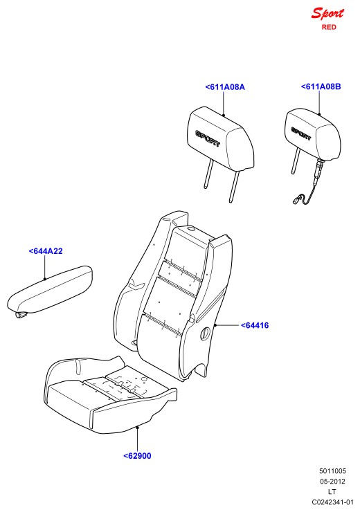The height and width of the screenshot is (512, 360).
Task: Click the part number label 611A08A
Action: [225, 87]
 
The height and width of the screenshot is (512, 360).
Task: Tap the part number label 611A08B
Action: [321, 86]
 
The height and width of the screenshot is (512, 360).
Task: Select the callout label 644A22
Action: [46, 251]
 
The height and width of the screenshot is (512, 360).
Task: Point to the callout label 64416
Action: [255, 325]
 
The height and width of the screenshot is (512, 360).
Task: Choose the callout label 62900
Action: [137, 456]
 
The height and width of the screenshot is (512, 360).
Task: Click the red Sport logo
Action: [327, 14]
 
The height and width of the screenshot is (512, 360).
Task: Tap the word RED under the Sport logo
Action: [329, 27]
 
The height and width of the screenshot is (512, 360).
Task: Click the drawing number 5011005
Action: [332, 471]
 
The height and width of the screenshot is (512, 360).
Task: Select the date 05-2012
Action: [332, 482]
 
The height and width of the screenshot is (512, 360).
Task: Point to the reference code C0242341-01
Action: [332, 502]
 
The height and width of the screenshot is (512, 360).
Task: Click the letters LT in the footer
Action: [332, 492]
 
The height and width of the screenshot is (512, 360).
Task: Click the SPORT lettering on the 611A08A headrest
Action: [208, 138]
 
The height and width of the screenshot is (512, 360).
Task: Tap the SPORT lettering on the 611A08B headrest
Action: [301, 134]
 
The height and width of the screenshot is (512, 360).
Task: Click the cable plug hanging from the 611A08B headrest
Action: [296, 199]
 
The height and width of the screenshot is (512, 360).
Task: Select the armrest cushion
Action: [50, 289]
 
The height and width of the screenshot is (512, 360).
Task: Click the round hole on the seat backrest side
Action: [205, 333]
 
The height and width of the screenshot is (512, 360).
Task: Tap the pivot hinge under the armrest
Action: [21, 314]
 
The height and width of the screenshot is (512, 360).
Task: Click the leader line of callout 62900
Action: [138, 439]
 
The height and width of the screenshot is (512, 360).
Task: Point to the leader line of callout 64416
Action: [226, 325]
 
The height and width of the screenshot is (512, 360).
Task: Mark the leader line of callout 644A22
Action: [45, 267]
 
